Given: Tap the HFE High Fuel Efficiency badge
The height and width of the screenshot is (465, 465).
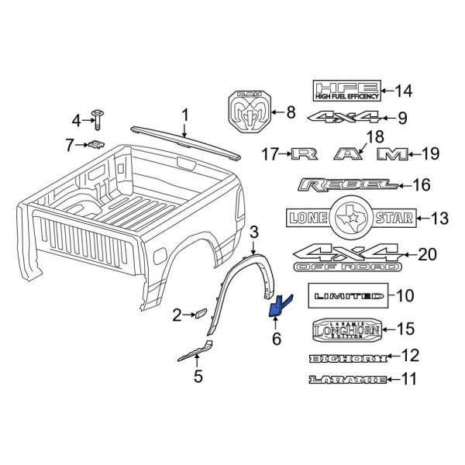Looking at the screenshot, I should (x=346, y=91).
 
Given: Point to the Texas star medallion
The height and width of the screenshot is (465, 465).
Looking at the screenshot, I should (x=351, y=218).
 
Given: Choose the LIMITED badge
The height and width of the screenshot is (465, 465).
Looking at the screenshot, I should (x=346, y=295).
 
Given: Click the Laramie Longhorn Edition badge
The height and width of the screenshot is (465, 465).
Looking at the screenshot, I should (x=346, y=329).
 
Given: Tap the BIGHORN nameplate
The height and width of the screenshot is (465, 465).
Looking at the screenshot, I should (x=346, y=357).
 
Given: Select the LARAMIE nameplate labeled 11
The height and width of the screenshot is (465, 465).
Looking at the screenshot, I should (x=346, y=380).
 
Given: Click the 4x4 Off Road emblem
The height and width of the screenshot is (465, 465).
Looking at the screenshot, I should (x=346, y=258).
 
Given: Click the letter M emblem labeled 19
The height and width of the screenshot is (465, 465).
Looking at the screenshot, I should (x=392, y=154).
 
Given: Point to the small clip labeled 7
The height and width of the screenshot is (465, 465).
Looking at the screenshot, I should (x=96, y=143).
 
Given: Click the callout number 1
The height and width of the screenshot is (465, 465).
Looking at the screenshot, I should (x=184, y=115).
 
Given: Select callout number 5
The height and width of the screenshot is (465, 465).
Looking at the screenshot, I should (x=198, y=377).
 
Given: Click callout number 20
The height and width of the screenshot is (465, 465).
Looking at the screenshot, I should (x=427, y=254).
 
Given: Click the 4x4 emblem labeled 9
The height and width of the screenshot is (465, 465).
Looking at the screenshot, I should (x=345, y=119).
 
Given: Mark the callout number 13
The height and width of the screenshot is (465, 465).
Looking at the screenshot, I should (x=439, y=219).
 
